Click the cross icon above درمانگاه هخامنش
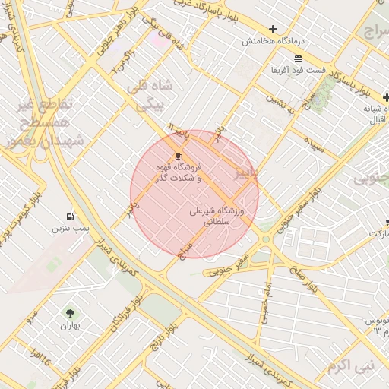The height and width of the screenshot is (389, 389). point(273,29)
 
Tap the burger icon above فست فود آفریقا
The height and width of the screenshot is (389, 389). point(297,59)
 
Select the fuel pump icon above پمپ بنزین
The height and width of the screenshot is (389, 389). point(71,217)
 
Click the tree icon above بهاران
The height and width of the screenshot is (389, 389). point(71,313)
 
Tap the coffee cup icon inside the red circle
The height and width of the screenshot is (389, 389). point(179,155)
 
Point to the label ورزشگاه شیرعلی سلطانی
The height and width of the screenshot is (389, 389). point(217,218)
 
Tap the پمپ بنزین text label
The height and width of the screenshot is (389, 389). point(70,228)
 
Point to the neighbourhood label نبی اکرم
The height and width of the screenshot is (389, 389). point(352,367)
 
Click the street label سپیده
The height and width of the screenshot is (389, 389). point(315,144)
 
